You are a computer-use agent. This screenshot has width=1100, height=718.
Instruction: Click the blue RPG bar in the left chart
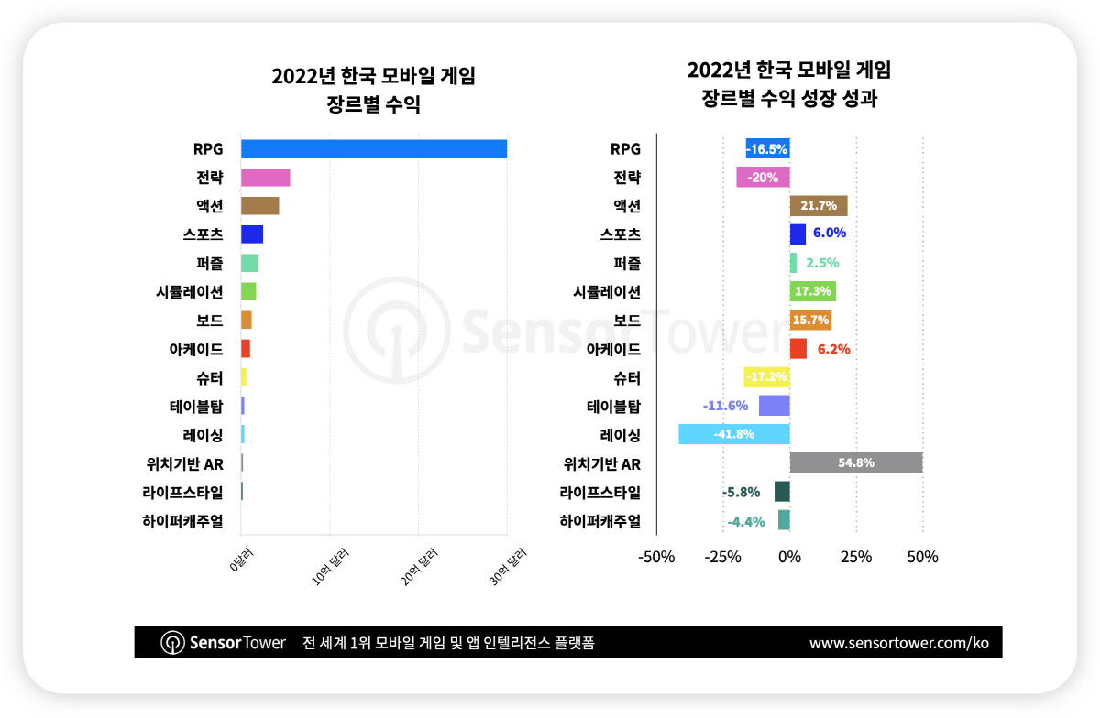373,148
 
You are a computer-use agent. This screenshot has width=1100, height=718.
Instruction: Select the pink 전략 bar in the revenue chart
265,178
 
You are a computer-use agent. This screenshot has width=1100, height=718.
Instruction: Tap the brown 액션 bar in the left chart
259,206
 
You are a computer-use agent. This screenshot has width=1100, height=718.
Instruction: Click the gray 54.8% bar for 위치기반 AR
855,463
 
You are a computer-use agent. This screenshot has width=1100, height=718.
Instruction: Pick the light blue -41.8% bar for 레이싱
733,434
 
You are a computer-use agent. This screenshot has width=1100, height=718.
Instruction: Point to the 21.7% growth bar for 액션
818,206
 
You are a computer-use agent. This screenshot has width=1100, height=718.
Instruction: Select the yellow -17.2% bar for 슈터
766,377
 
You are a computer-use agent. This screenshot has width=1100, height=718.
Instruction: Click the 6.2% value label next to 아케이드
833,349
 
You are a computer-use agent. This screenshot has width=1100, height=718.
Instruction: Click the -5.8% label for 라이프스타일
741,492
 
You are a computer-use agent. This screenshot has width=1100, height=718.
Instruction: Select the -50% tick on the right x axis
656,557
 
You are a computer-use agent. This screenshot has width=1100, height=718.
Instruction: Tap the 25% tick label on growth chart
856,557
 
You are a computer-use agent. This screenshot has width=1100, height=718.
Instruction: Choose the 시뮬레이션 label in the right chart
606,292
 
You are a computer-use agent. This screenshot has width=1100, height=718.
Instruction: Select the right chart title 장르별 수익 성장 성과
788,99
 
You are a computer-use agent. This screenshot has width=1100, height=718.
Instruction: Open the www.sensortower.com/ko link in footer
898,643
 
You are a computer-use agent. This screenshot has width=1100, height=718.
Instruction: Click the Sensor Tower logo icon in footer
173,643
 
